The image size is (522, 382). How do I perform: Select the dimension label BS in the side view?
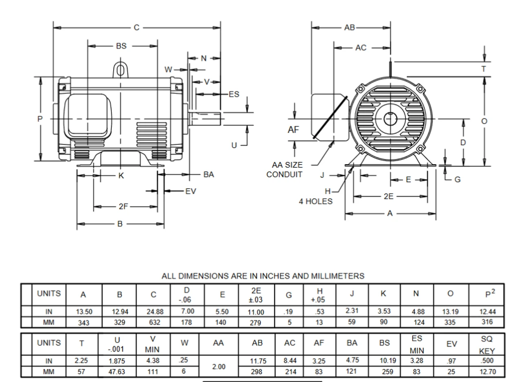coord(121,46)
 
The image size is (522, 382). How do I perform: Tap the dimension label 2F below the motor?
coord(124,207)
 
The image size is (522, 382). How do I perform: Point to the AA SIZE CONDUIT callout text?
coord(287,170)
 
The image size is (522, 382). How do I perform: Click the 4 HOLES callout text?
coord(316,201)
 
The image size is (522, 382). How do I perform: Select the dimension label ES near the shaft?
coord(234,94)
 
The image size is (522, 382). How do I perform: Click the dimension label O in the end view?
coord(484,121)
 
